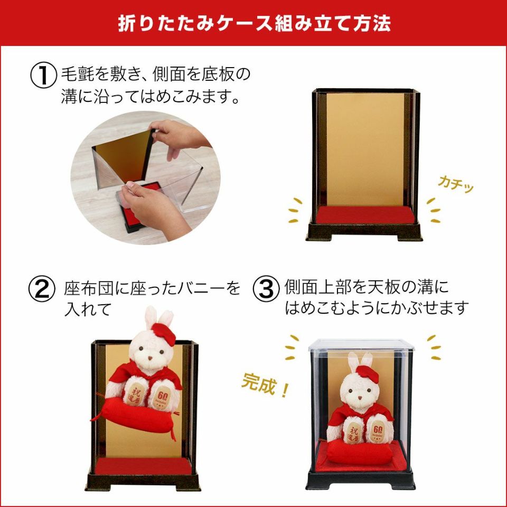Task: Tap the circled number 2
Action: point(42,289)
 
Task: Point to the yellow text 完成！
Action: point(265,387)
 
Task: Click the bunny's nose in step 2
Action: point(151,359)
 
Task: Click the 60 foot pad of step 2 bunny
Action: point(161,393)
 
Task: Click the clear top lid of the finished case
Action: point(362,345)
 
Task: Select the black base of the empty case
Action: point(364,232)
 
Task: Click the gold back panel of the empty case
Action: point(364,148)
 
